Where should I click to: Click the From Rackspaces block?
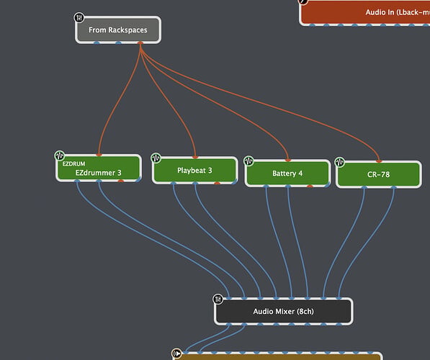[x=118, y=30]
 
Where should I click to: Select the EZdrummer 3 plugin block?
[x=99, y=168]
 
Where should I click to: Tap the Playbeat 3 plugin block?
[x=194, y=170]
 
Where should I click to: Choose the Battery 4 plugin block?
[x=287, y=174]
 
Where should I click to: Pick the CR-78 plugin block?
[x=378, y=174]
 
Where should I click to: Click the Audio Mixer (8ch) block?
[x=283, y=311]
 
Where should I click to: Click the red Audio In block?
[x=364, y=12]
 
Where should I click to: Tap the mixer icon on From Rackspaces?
[x=79, y=18]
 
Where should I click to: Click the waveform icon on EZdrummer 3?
[x=60, y=156]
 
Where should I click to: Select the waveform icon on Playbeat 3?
[x=156, y=158]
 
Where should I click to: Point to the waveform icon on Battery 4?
[x=248, y=161]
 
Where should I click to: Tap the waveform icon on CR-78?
[x=339, y=162]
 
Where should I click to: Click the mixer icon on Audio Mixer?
[x=218, y=299]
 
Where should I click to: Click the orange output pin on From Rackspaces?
[x=140, y=42]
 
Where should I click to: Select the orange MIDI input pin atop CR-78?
[x=379, y=161]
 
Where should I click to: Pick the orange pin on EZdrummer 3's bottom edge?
[x=121, y=181]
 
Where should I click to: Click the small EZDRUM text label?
[x=73, y=163]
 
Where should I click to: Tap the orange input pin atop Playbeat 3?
[x=195, y=158]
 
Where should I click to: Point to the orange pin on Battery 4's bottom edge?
[x=310, y=186]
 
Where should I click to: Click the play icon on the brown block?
[x=177, y=353]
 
